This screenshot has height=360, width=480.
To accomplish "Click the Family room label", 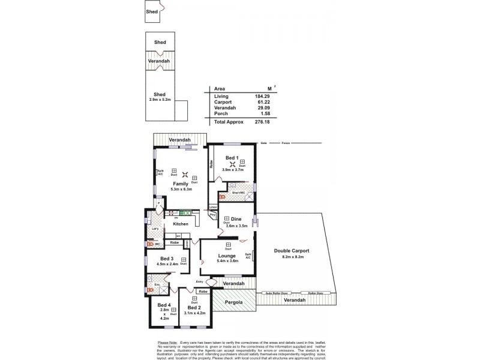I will [x=181, y=184].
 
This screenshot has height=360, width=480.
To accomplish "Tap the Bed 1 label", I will [x=232, y=158].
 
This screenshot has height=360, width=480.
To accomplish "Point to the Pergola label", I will [x=234, y=302].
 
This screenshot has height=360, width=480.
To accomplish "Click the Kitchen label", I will [x=181, y=224].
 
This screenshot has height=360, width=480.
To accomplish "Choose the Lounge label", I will [x=227, y=256].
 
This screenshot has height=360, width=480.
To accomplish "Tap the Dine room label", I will [x=236, y=219].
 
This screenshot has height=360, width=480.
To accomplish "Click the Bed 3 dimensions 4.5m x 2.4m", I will [x=167, y=264].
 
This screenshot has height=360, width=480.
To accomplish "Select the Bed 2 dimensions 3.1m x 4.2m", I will [x=195, y=313].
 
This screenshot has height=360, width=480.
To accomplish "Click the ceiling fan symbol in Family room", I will [x=185, y=176].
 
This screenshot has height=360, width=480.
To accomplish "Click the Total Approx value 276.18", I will [x=256, y=121].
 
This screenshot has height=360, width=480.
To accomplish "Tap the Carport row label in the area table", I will [x=223, y=102].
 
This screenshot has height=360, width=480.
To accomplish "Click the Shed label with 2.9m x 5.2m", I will [x=160, y=94].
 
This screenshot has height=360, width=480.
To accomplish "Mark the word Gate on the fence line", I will [x=263, y=144].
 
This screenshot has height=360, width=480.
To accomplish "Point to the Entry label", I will [x=199, y=281].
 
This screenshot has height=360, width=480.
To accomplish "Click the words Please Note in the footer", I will [x=167, y=341].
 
